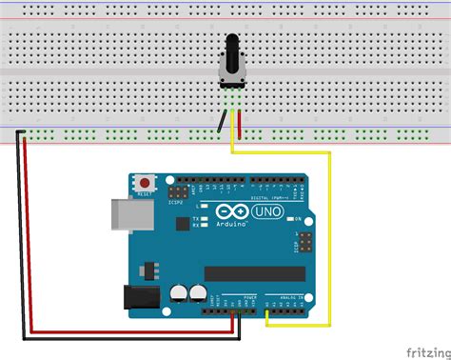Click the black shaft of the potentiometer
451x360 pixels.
pos(231,47)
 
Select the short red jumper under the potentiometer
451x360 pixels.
pos(239,123)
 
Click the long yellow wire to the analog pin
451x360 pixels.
pos(329,238)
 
